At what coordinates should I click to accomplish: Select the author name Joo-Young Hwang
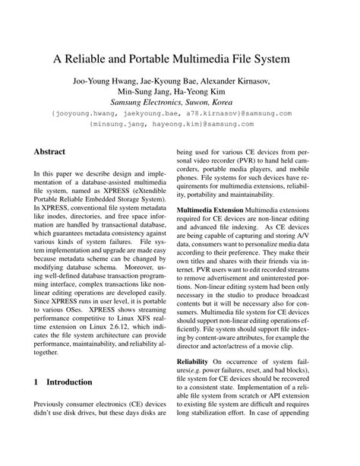tap(106, 81)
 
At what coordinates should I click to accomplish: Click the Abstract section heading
tap(53, 152)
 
